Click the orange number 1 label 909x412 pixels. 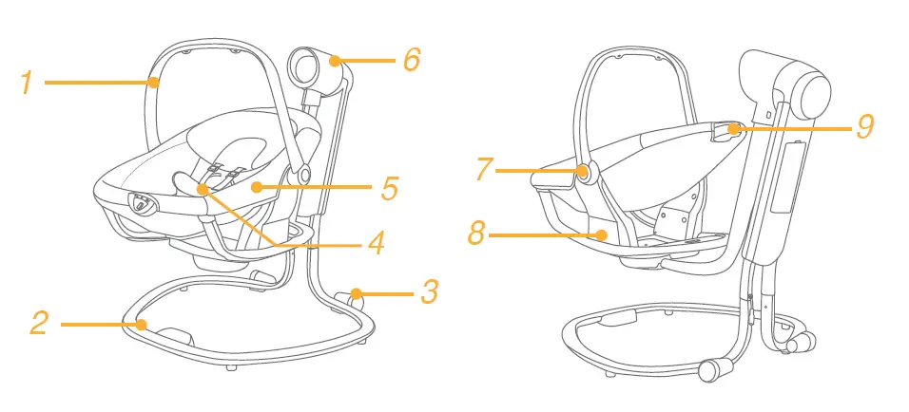pos(28,84)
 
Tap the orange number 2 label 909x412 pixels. pos(38,324)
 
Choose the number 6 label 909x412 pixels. pos(412,61)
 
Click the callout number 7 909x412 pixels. pos(485,171)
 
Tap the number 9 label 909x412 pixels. pos(864,127)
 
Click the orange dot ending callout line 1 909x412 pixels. pos(153,84)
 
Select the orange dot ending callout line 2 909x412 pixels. pos(142,325)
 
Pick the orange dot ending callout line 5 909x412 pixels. pos(257,188)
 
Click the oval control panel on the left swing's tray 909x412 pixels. pos(143,204)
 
